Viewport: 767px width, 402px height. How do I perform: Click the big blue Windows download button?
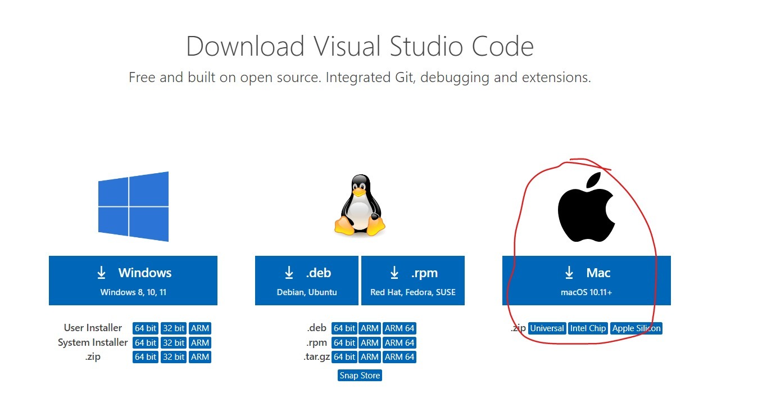pos(133,281)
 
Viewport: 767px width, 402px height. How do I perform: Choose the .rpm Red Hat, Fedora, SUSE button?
pos(413,281)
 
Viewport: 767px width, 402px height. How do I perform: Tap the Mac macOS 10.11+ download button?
pos(587,281)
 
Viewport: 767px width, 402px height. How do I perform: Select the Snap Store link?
pos(360,375)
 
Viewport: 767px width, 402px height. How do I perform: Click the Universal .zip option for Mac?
pos(547,328)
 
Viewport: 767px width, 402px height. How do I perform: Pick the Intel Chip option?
pos(588,328)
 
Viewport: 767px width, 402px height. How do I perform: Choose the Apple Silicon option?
pos(636,328)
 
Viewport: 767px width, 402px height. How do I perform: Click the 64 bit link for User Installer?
pos(146,328)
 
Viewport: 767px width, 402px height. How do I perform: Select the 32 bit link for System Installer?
pos(174,343)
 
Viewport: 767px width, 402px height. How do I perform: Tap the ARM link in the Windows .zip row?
pos(200,357)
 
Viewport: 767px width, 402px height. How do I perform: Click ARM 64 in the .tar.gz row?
pos(400,357)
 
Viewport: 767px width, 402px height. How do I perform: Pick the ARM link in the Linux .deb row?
pos(370,328)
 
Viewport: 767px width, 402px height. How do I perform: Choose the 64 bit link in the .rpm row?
pos(344,343)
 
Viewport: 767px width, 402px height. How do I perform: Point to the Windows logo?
pos(133,206)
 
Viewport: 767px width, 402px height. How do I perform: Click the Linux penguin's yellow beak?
pos(359,192)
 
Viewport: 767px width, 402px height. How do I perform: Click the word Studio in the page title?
pos(426,46)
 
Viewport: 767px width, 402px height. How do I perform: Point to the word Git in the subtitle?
pos(405,78)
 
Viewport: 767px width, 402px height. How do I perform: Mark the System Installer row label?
pos(93,343)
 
